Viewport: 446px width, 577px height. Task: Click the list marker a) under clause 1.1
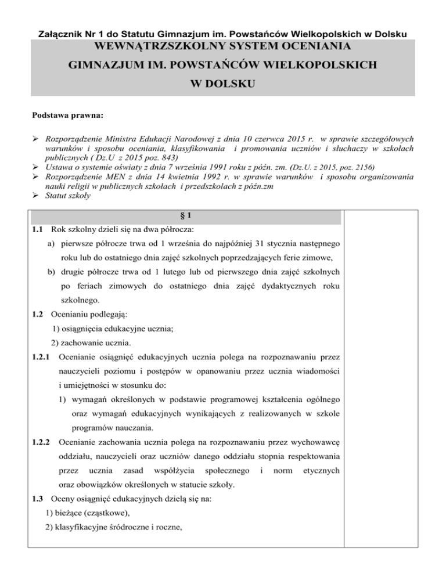click(x=52, y=241)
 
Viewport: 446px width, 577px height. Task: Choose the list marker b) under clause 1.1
click(x=52, y=271)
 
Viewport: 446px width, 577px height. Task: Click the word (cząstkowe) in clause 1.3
click(x=98, y=526)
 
